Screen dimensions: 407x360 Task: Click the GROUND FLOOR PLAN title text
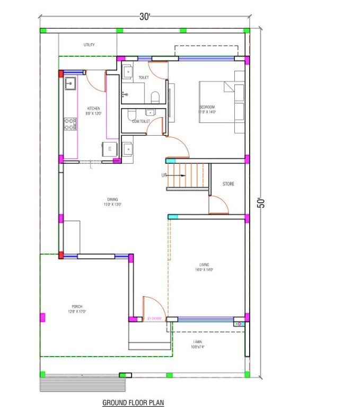133,402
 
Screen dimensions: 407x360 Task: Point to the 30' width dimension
145,16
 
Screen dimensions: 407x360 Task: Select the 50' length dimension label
261,203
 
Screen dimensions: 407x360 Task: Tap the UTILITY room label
89,45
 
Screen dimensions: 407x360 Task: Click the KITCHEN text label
93,109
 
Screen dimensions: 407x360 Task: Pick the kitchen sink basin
69,83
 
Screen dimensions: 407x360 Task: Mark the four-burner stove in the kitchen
69,124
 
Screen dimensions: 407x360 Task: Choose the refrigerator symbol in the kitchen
109,147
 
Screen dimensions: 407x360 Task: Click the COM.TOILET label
141,121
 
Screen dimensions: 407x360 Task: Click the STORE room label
228,184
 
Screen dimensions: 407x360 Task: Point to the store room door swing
218,205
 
